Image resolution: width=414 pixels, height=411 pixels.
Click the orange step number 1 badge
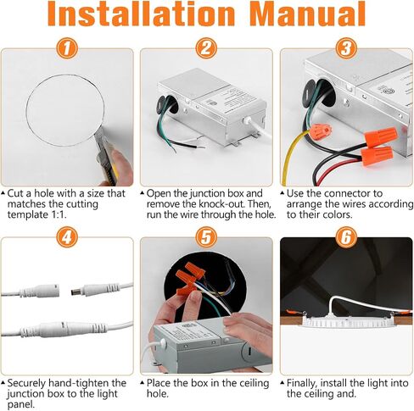tap(67, 48)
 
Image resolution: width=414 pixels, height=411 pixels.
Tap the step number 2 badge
tap(206, 48)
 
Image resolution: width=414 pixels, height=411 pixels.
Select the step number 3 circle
tap(346, 48)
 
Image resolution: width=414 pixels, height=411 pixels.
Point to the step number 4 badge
tap(67, 238)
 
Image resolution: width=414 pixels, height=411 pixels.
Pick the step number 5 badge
tap(206, 238)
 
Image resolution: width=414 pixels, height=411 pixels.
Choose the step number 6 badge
tap(346, 238)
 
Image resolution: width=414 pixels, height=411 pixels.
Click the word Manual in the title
tap(308, 14)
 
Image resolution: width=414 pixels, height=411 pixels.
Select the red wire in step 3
tap(333, 169)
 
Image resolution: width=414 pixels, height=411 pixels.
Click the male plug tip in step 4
tap(75, 292)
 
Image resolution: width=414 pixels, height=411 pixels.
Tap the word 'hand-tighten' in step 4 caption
tap(76, 383)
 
